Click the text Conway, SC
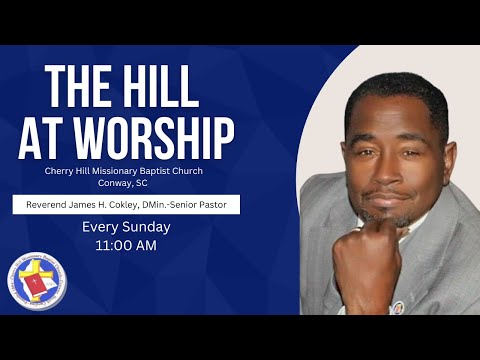tap(124, 183)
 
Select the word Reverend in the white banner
tap(43, 205)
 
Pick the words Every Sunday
tap(125, 227)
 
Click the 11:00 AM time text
tap(125, 245)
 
